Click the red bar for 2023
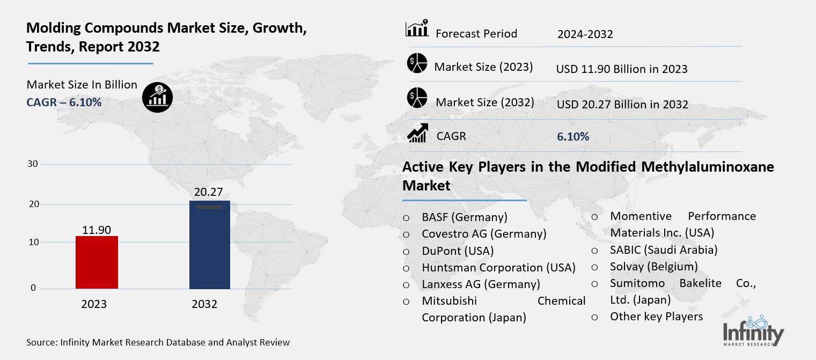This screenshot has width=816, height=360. click(x=97, y=262)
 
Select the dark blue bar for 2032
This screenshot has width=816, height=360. click(x=210, y=245)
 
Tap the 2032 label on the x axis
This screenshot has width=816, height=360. click(x=204, y=304)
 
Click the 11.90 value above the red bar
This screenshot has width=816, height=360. click(x=97, y=230)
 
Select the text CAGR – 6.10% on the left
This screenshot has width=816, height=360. click(x=64, y=102)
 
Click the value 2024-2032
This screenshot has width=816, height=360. click(x=585, y=34)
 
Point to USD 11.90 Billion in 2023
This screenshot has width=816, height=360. click(x=622, y=69)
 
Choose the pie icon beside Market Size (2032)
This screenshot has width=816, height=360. click(x=417, y=98)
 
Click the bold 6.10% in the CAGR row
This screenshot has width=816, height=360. click(x=573, y=137)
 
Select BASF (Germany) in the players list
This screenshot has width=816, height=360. click(x=465, y=217)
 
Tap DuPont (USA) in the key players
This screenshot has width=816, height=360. click(x=458, y=251)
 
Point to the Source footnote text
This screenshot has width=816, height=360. click(x=158, y=342)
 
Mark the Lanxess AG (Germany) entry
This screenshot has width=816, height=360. click(x=481, y=284)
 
